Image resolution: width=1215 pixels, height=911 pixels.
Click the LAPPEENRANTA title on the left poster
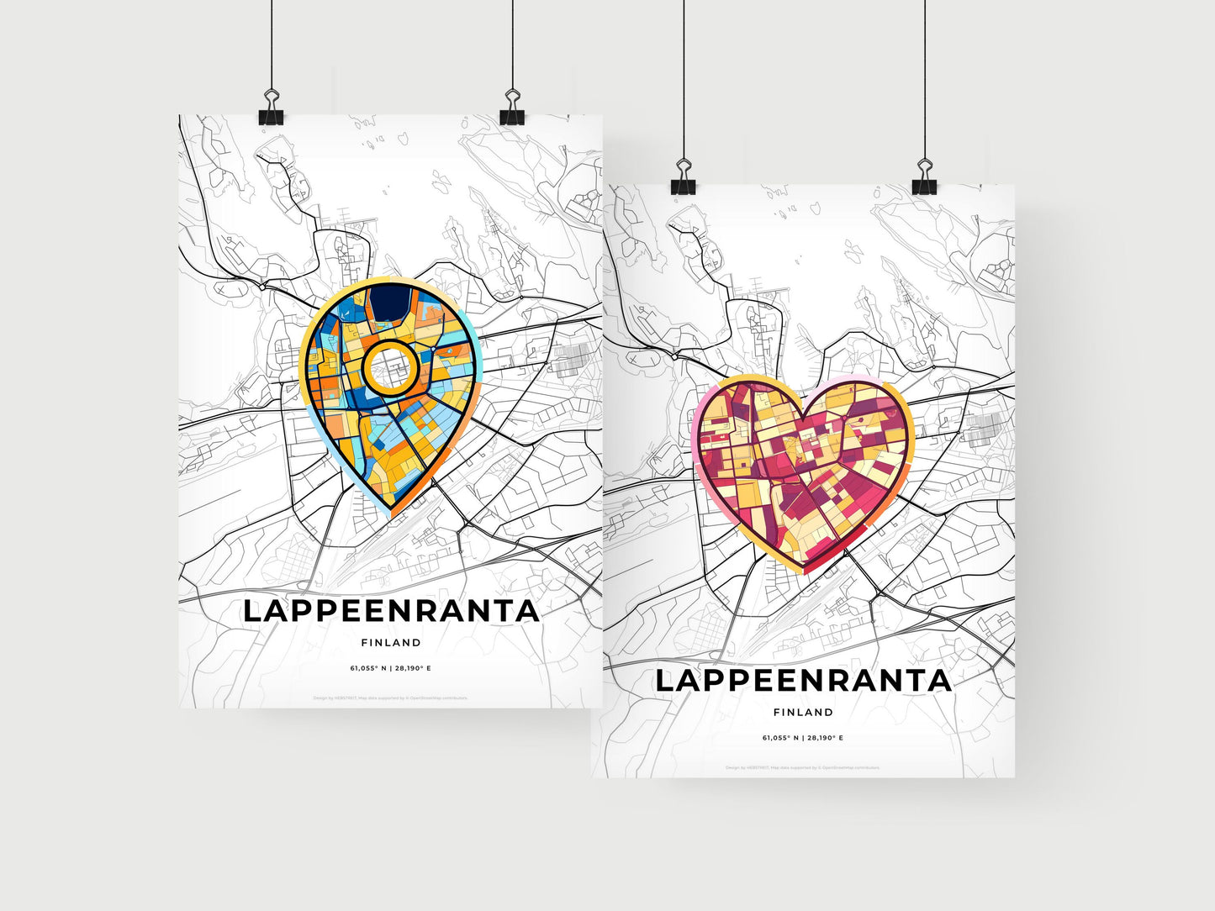(x=391, y=611)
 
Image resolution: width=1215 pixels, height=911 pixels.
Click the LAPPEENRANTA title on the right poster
(x=803, y=681)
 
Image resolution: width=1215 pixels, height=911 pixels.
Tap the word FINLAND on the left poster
(x=391, y=643)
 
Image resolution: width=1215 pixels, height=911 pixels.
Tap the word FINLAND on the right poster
(x=803, y=713)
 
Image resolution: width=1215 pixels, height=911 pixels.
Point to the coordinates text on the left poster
(x=391, y=669)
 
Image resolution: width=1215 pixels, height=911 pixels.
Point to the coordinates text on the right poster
(x=803, y=738)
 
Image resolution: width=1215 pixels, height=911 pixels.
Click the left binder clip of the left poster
(x=271, y=116)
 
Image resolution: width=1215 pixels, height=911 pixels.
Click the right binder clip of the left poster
(x=512, y=116)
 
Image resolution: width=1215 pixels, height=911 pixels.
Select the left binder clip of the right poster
(x=683, y=185)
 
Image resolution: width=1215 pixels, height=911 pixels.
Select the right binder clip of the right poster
(x=925, y=185)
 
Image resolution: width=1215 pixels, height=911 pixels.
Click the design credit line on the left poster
(x=391, y=698)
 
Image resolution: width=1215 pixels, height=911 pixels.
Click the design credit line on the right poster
(x=803, y=767)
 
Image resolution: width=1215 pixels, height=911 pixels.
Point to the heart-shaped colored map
(x=803, y=471)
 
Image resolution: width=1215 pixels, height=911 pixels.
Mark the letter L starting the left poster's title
(x=252, y=611)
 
